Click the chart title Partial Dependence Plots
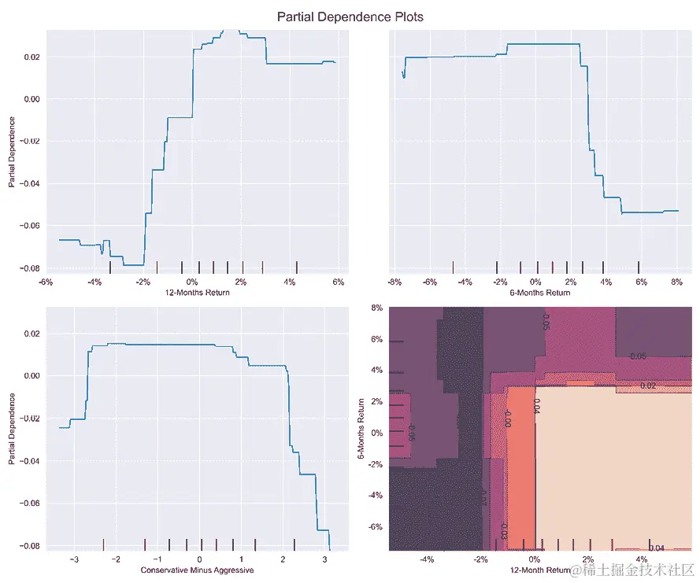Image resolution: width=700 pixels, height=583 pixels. (x=350, y=17)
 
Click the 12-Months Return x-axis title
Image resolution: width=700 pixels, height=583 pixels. (x=191, y=292)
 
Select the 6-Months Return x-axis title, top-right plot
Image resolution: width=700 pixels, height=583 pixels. (x=540, y=292)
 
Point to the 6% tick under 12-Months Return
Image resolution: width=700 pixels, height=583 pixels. (x=339, y=282)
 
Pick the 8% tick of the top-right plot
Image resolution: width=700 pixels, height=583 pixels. (x=676, y=282)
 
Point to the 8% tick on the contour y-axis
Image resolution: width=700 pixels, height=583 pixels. (x=377, y=308)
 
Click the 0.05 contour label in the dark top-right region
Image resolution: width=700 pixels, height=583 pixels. (x=639, y=356)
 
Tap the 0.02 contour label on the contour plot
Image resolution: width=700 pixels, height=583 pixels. (x=648, y=386)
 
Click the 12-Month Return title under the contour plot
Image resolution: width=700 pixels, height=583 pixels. (x=540, y=569)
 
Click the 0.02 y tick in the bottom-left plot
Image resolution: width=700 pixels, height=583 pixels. (x=31, y=334)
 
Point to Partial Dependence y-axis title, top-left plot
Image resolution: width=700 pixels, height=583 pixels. (x=12, y=152)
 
